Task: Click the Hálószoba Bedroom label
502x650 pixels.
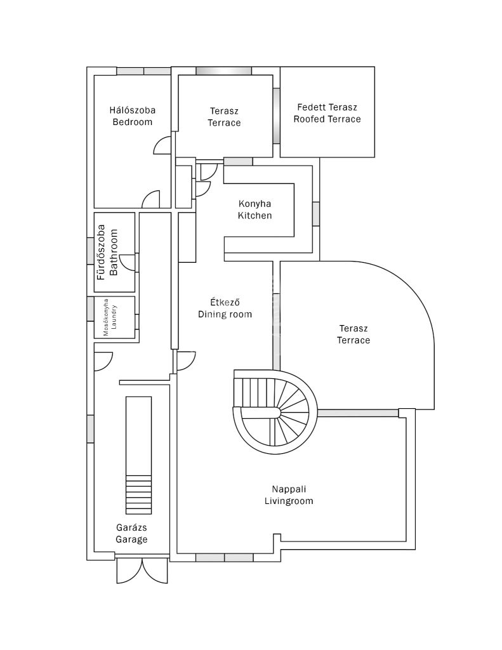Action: pos(132,116)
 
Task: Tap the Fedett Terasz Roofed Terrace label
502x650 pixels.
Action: pos(327,113)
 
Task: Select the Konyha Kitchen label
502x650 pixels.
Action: pos(254,209)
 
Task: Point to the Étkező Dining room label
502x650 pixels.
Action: pos(225,308)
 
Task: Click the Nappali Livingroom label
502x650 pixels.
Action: pos(289,495)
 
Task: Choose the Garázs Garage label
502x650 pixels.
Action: pos(131,533)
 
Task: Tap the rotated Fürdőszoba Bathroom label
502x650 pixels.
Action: pos(107,252)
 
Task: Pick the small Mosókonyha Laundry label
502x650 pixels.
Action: pos(110,317)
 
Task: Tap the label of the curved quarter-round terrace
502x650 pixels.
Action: pos(353,335)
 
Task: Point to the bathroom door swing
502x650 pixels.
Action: pos(128,262)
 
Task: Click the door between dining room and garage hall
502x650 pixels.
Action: pos(185,361)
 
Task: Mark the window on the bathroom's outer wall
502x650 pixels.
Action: pos(90,251)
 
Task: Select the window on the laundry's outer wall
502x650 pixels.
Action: pos(90,308)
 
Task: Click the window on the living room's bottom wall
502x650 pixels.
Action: pos(224,557)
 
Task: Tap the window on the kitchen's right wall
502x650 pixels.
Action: pos(316,214)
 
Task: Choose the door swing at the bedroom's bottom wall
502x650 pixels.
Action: pos(151,199)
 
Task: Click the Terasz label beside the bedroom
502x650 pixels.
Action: pos(224,117)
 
